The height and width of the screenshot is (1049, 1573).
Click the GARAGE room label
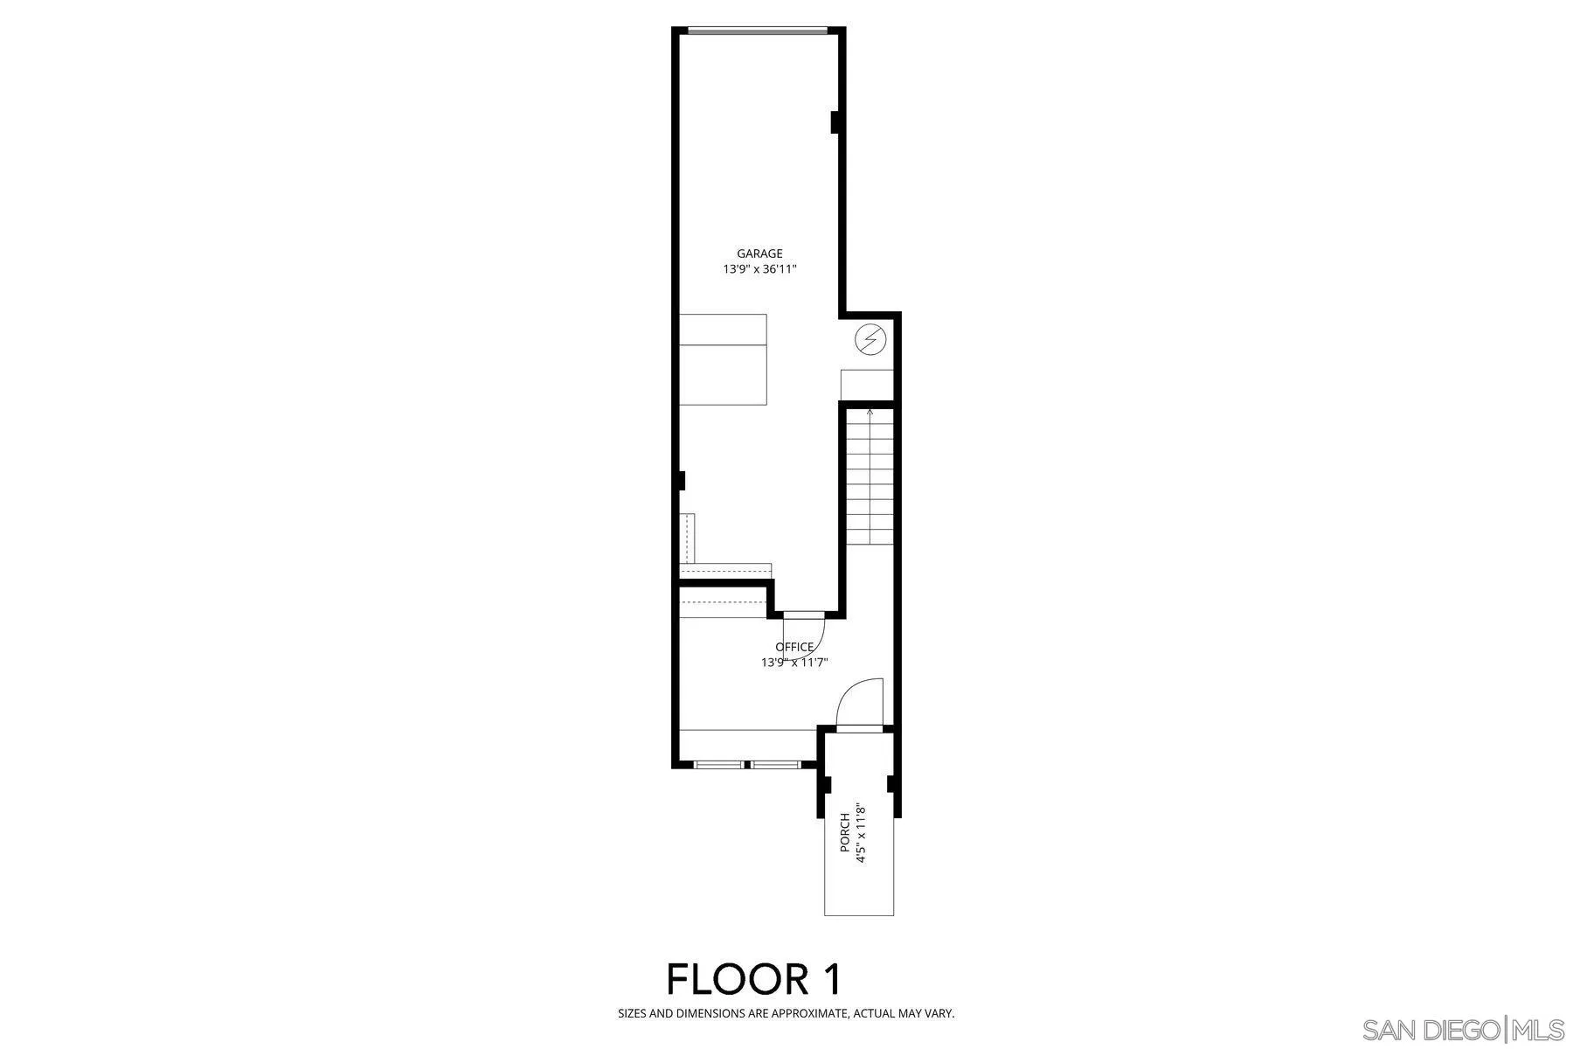point(759,254)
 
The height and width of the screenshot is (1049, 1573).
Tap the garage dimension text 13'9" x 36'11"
point(759,270)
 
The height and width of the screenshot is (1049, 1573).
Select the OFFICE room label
point(794,647)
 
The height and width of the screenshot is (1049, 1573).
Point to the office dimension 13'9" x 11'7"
point(794,663)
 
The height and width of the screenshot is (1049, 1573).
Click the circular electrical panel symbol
point(870,338)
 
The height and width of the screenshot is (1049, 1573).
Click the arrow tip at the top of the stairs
point(870,409)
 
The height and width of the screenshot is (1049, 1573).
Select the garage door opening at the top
point(757,31)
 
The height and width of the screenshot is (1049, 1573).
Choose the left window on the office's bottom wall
point(719,765)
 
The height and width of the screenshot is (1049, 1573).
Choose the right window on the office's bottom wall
point(776,765)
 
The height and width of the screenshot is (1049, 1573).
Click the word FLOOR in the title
point(736,979)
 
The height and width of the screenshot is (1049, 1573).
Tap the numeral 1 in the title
point(831,979)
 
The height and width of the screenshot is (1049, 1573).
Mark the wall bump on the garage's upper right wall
point(835,122)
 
